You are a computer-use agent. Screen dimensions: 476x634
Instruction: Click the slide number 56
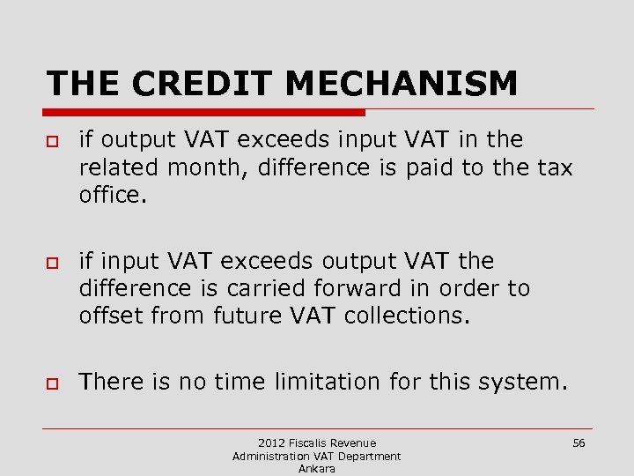[x=579, y=443]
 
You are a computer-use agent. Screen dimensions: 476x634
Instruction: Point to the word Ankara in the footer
[x=316, y=469]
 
